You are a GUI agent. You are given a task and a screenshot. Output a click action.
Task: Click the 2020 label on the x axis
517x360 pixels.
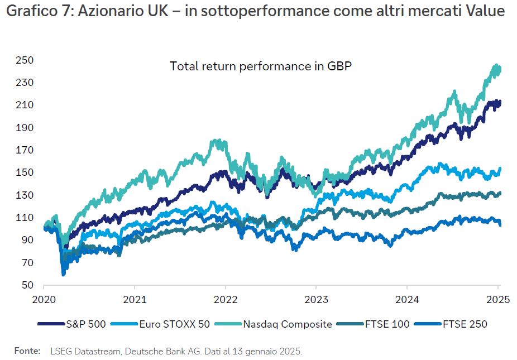click(43, 299)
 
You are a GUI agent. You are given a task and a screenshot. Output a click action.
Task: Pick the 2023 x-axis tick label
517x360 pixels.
click(316, 299)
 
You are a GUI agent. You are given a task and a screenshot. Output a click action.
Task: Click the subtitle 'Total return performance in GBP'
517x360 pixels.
click(260, 66)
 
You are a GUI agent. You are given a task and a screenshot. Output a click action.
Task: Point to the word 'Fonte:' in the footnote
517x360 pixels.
click(27, 351)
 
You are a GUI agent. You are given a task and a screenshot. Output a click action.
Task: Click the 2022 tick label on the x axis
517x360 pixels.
click(225, 299)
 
